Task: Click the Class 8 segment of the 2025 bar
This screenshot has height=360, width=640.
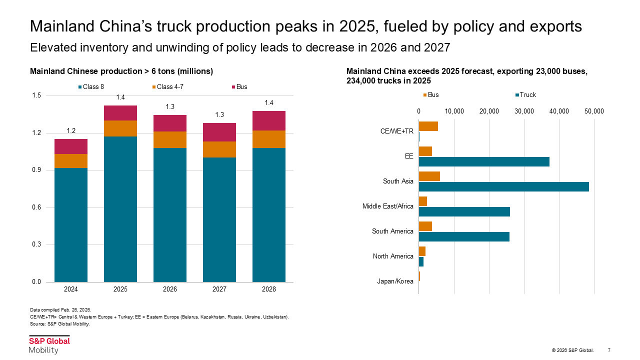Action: pyautogui.click(x=120, y=209)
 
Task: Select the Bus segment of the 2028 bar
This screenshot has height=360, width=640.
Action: pyautogui.click(x=269, y=120)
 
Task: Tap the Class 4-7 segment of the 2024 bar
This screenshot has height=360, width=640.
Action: pyautogui.click(x=71, y=160)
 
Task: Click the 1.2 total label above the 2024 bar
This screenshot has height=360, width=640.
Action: pyautogui.click(x=71, y=131)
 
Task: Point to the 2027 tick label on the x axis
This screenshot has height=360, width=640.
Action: pyautogui.click(x=219, y=289)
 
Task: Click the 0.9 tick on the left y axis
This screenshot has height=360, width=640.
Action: pyautogui.click(x=36, y=170)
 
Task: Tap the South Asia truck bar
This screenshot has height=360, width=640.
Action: pyautogui.click(x=503, y=186)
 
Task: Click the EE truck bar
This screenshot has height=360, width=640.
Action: pyautogui.click(x=483, y=161)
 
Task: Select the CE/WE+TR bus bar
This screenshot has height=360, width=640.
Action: pyautogui.click(x=428, y=126)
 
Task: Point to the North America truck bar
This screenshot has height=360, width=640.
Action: pyautogui.click(x=421, y=261)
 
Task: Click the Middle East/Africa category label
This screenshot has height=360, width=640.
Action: pyautogui.click(x=388, y=206)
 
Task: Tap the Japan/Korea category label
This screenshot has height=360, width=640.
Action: pyautogui.click(x=395, y=281)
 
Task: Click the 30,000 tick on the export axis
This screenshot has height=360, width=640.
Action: pyautogui.click(x=524, y=111)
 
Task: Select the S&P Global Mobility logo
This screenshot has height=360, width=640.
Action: pyautogui.click(x=49, y=344)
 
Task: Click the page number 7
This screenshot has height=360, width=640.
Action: pyautogui.click(x=608, y=350)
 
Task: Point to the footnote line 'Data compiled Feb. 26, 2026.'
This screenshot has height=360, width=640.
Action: pyautogui.click(x=60, y=310)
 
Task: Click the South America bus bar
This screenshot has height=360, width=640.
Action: pyautogui.click(x=425, y=226)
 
